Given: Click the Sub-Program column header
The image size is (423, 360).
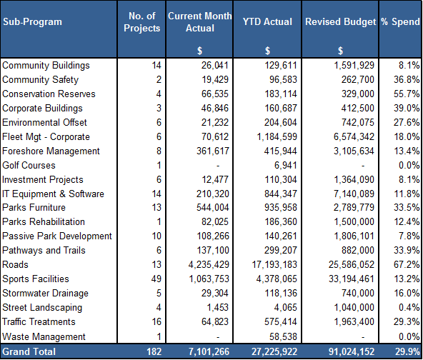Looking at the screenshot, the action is click(32, 22).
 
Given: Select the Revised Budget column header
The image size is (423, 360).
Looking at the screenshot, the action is click(340, 22).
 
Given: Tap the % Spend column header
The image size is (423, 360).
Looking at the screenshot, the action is click(400, 22).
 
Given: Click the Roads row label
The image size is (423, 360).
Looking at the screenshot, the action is click(15, 264).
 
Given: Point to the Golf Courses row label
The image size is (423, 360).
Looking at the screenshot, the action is click(29, 165).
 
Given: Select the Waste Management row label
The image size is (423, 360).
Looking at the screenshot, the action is click(44, 337).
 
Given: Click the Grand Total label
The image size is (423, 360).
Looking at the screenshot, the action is click(29, 351).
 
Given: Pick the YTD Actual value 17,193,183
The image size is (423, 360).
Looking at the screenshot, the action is click(274, 264).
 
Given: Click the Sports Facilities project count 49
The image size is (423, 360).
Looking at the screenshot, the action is click(156, 279).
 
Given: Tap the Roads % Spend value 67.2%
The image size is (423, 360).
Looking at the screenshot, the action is click(407, 264).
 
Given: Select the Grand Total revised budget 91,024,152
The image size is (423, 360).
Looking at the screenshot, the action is click(352, 351).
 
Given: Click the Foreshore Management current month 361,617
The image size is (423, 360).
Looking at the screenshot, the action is click(213, 151).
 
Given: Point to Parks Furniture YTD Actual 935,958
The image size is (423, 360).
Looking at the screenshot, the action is click(281, 207).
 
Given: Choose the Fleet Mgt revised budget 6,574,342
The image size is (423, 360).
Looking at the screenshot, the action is click(354, 136).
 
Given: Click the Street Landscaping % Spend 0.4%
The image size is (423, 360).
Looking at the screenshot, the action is click(409, 307).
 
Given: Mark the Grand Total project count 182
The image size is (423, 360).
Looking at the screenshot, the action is click(154, 351).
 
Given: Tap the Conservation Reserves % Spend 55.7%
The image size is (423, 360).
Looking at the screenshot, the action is click(407, 94).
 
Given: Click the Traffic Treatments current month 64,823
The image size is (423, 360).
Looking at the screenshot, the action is click(215, 321).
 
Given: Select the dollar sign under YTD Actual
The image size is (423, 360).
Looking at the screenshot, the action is click(267, 51).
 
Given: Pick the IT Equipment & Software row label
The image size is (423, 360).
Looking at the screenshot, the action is click(53, 194).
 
